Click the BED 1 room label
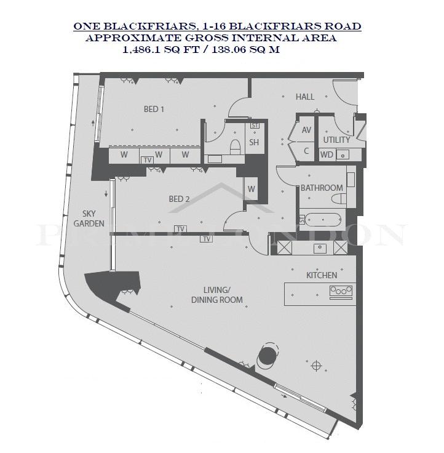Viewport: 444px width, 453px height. coord(154,109)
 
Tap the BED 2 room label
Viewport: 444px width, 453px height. coord(180,199)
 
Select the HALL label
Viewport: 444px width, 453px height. coord(305,97)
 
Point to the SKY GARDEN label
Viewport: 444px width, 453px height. coord(89,218)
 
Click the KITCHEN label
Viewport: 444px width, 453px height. coord(322,275)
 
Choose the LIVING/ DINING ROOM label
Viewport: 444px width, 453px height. coord(217,295)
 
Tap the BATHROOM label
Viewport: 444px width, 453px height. coord(322,188)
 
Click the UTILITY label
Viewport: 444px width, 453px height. coord(336,140)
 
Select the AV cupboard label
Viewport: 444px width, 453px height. coord(306,130)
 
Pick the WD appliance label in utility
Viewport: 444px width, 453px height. coord(327,155)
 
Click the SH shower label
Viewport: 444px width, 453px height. coord(254,142)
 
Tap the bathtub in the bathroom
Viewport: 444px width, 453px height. coord(323,220)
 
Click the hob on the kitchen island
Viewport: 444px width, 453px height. coord(341,291)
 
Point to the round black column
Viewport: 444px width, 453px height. coord(268,355)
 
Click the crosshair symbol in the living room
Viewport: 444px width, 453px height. coord(317,366)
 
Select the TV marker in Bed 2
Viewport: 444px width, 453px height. coord(180,229)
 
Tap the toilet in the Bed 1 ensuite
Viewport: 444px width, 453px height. coord(235,146)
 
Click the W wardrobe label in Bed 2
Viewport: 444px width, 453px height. coord(251,189)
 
